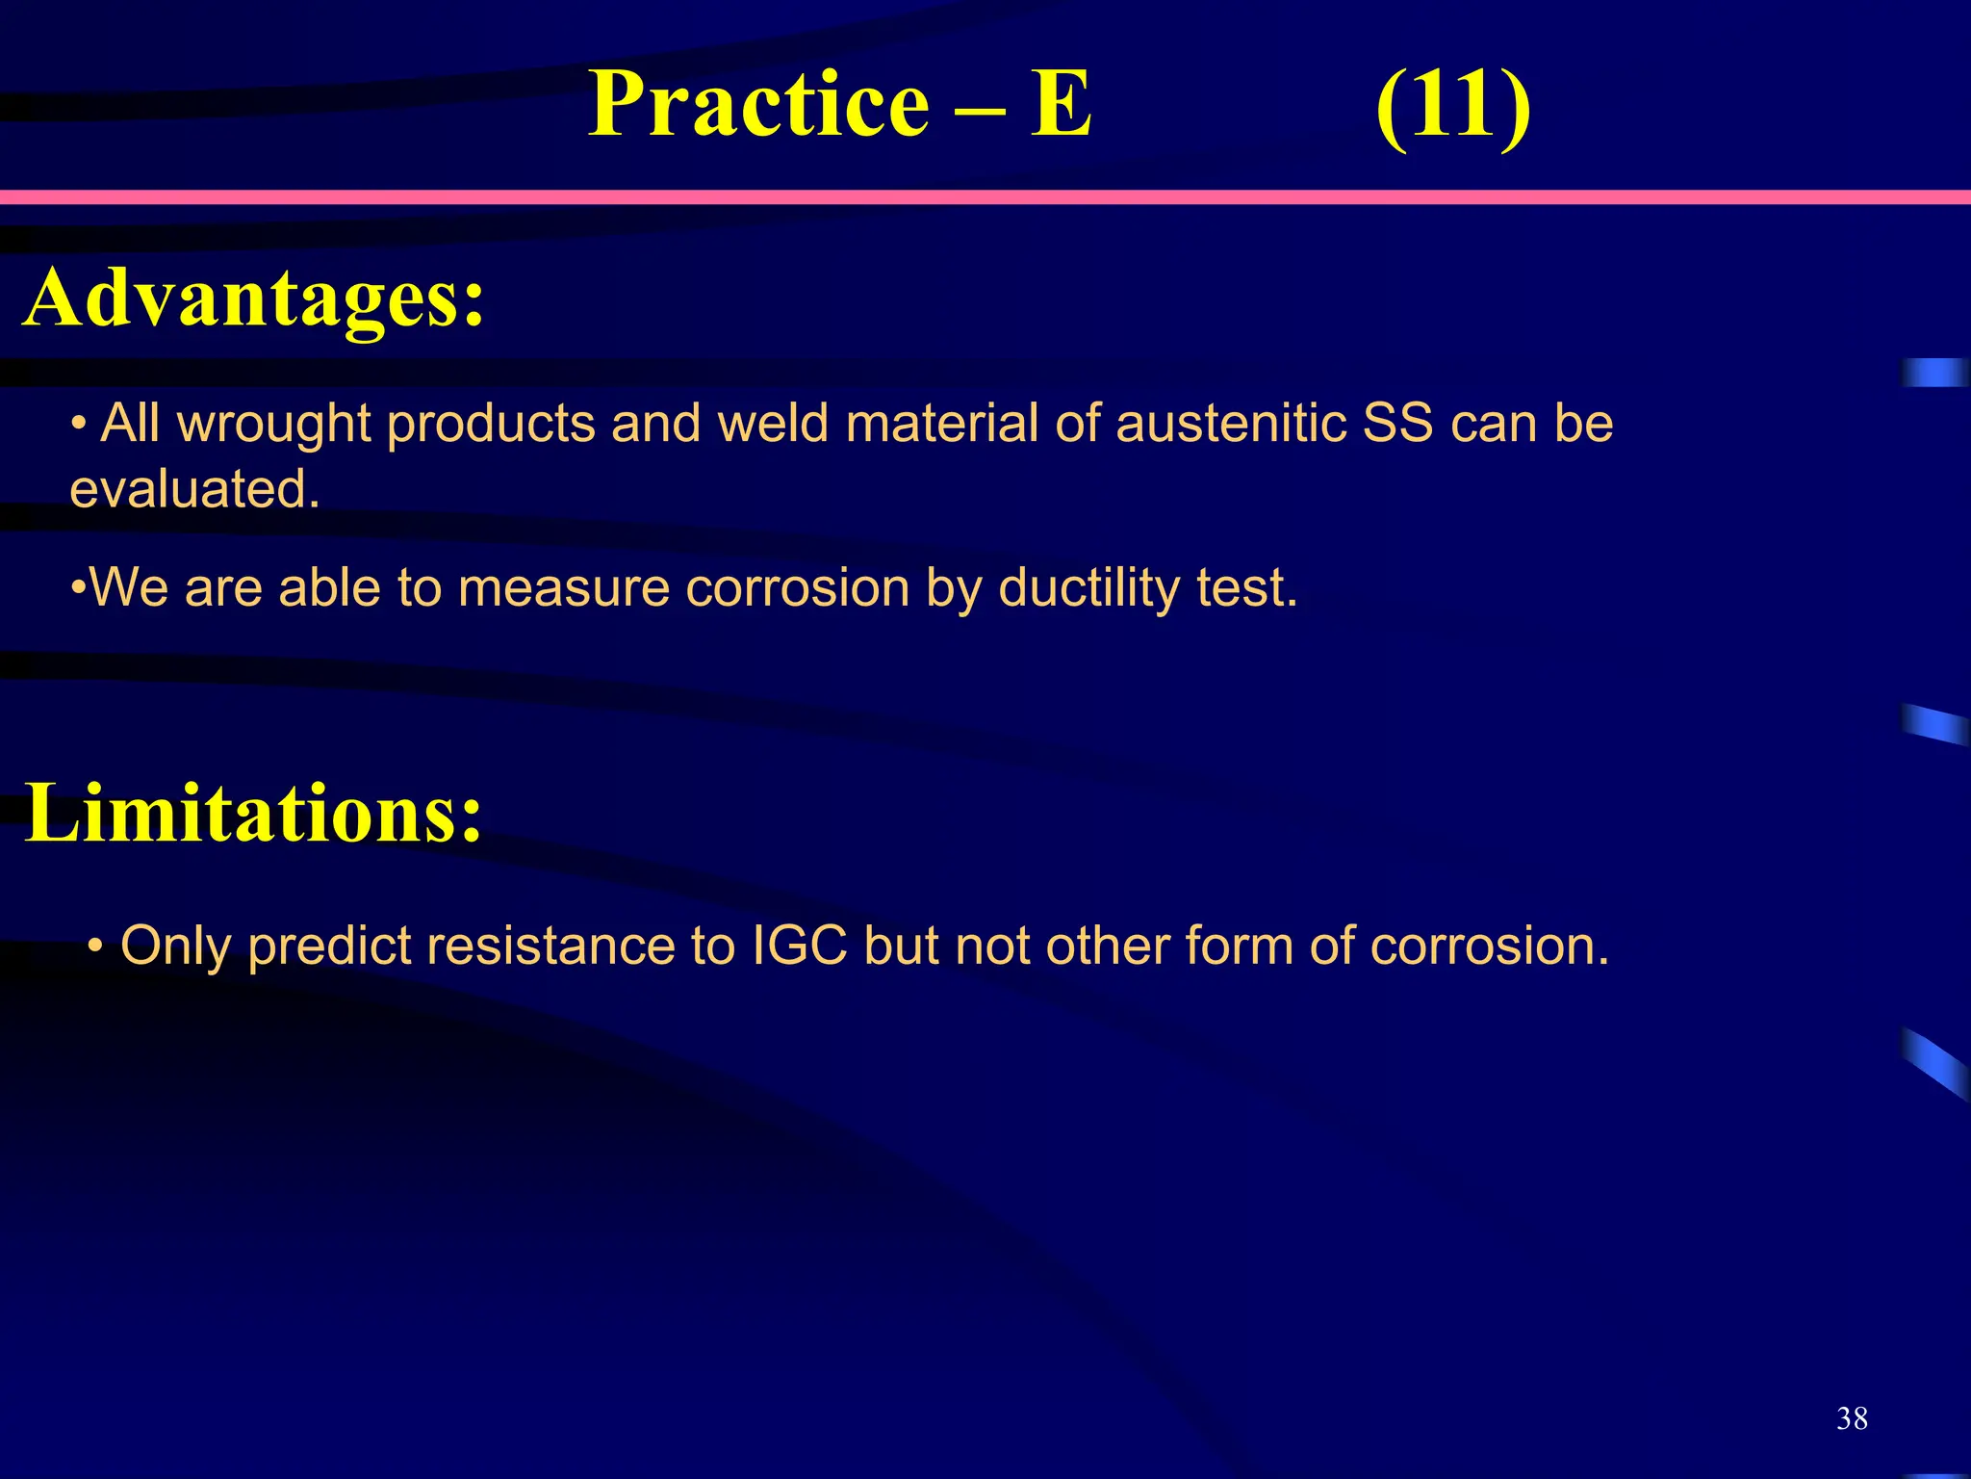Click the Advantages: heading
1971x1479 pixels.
[x=254, y=298]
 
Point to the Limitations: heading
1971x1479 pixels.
[x=252, y=814]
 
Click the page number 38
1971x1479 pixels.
[x=1852, y=1418]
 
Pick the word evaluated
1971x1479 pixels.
[x=193, y=489]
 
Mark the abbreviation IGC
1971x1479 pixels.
[x=799, y=946]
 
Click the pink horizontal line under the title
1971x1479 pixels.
[x=985, y=197]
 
